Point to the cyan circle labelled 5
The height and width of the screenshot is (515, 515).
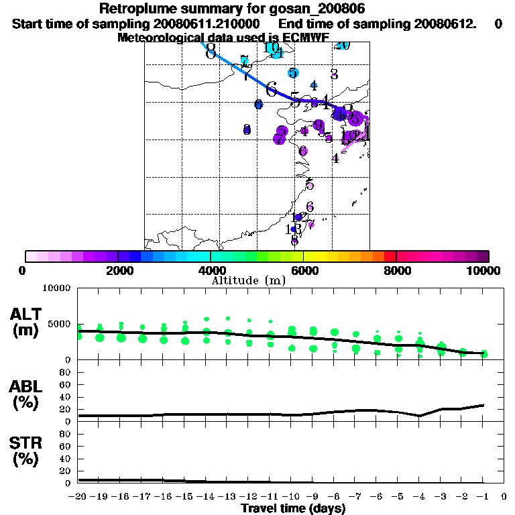tap(293, 72)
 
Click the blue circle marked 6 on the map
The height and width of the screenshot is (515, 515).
tap(259, 104)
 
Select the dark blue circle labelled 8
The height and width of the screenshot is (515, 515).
tap(247, 129)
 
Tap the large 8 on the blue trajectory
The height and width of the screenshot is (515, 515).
tap(211, 51)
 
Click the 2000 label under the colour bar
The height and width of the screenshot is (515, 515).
tap(118, 271)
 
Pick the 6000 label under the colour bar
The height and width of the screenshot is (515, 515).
tap(304, 271)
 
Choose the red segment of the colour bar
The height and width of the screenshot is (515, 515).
tap(390, 256)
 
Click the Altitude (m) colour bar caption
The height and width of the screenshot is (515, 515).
tap(248, 280)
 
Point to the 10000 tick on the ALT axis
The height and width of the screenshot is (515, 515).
tap(56, 288)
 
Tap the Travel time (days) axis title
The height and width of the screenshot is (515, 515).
tap(293, 508)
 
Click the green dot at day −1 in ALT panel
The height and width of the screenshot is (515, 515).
tap(483, 353)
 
